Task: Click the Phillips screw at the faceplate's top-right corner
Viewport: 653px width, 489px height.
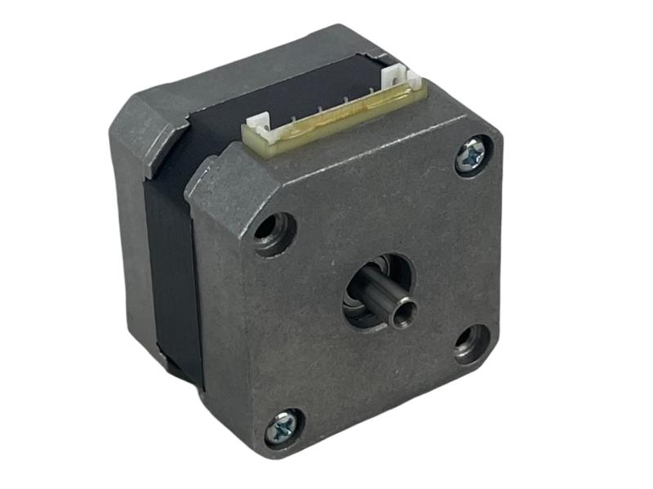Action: pyautogui.click(x=472, y=155)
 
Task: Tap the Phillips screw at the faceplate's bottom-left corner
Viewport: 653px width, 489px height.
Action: pyautogui.click(x=282, y=425)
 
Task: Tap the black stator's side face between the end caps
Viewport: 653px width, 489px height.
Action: pyautogui.click(x=175, y=269)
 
